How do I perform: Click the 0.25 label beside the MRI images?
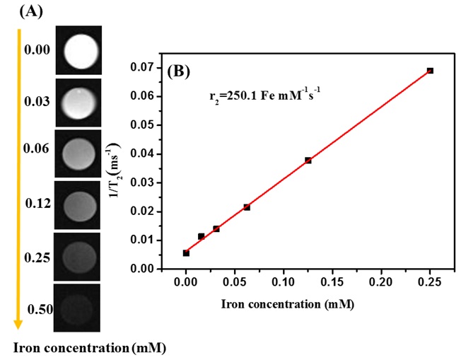(37, 257)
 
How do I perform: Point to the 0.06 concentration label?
(37, 149)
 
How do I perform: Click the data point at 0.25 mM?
(430, 71)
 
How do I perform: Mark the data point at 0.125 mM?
(308, 161)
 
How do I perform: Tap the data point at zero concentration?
(186, 252)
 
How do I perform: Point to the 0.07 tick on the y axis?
(162, 67)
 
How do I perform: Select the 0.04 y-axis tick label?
(162, 153)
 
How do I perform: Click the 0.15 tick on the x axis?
(332, 281)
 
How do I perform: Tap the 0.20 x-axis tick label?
(381, 281)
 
